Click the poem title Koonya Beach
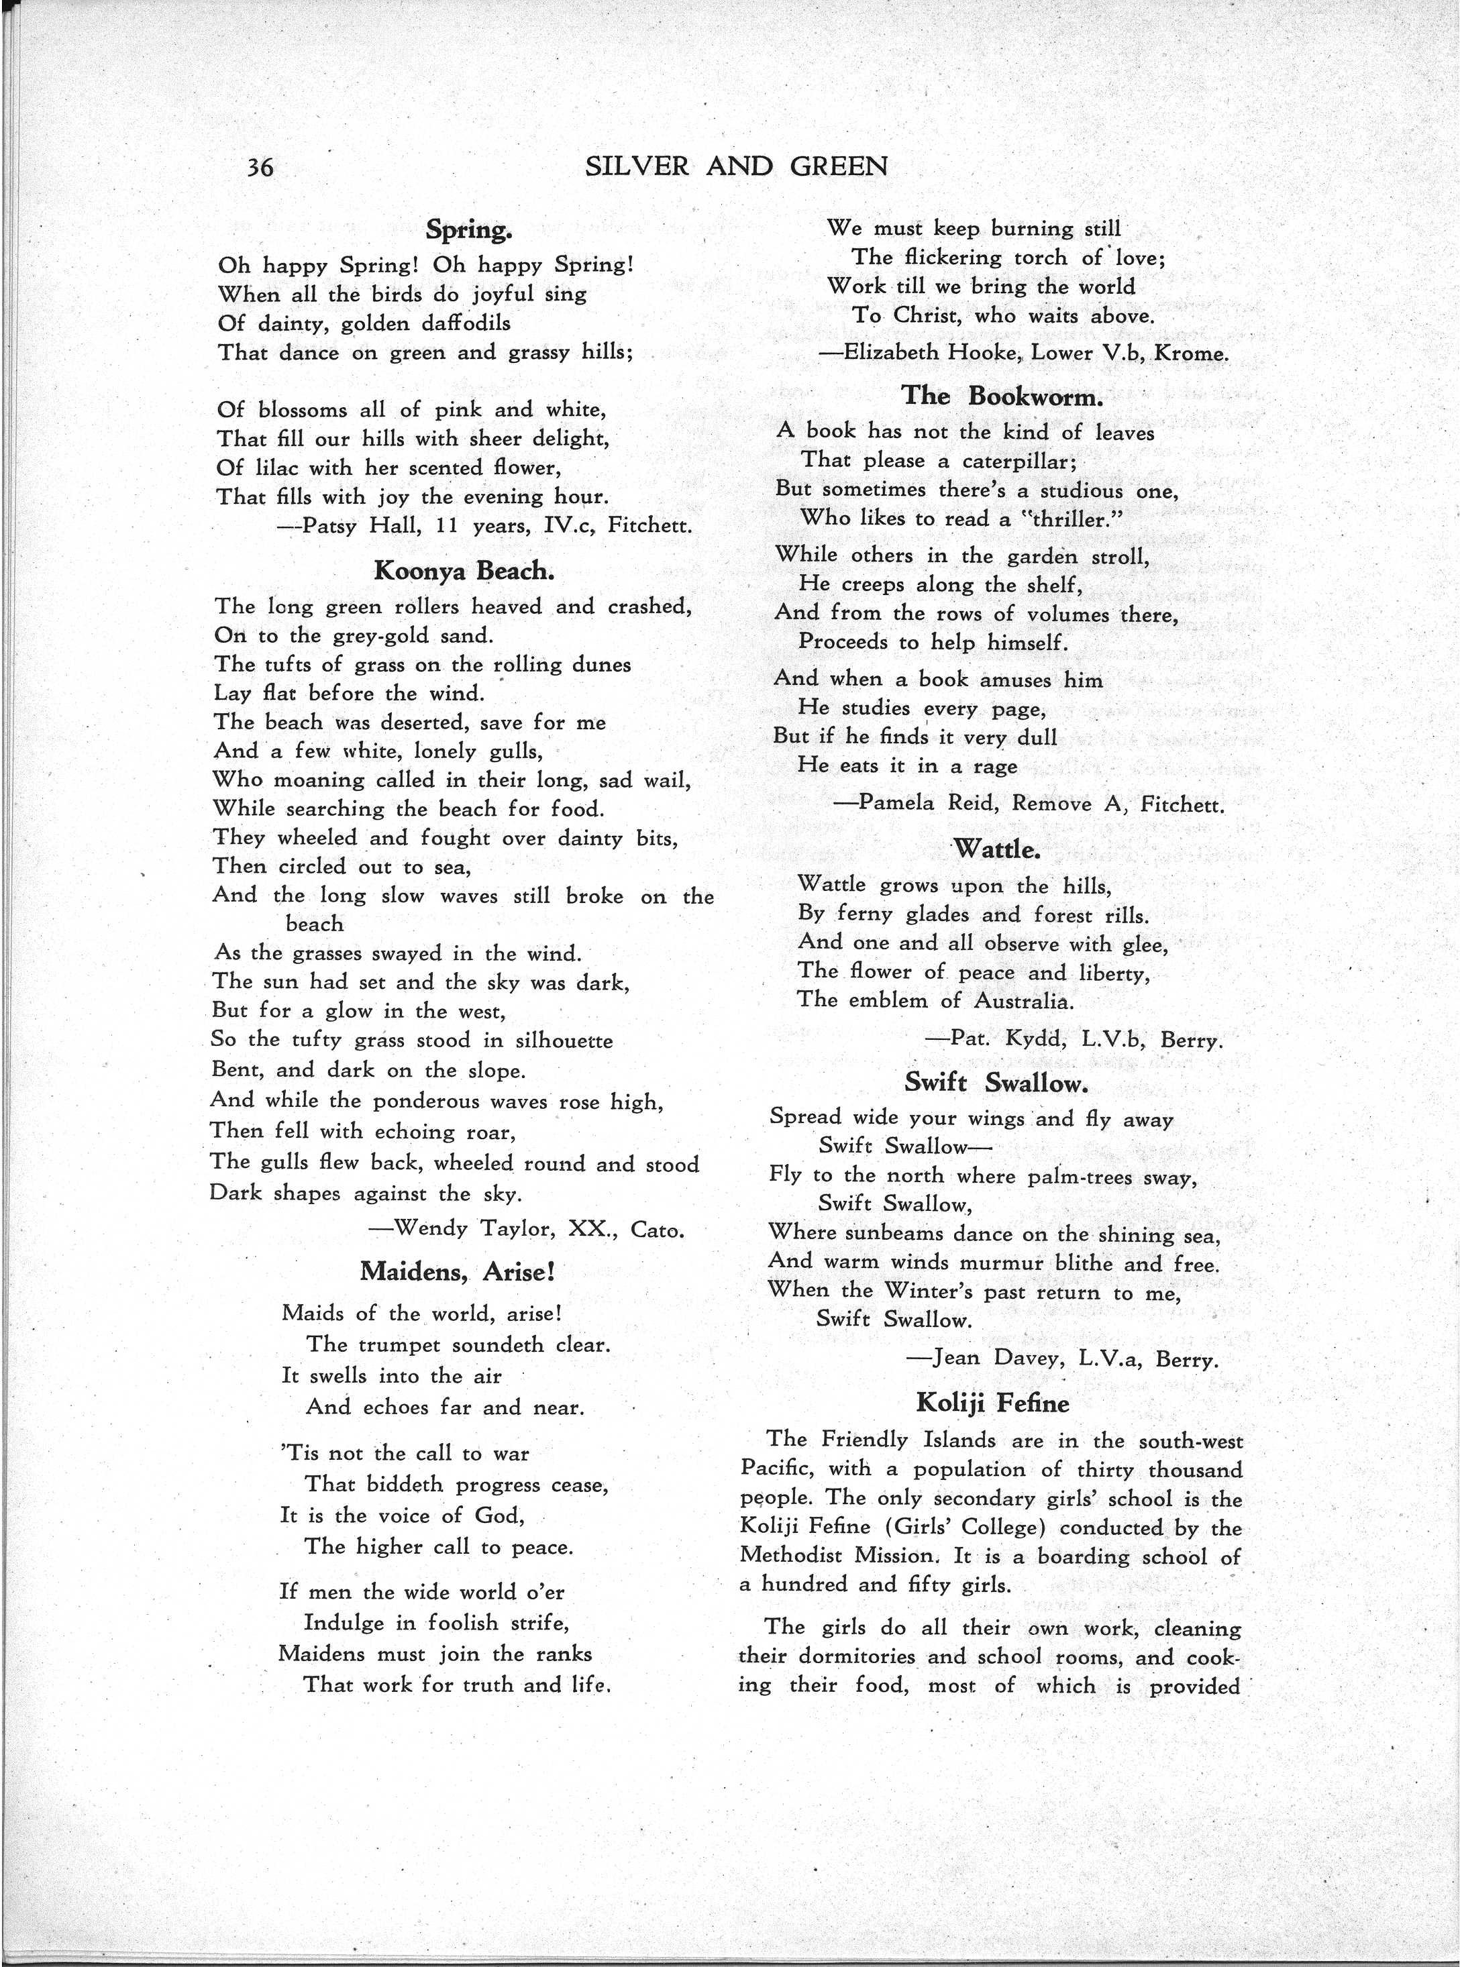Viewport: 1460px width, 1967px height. pyautogui.click(x=464, y=571)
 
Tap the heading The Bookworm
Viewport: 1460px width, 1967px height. pyautogui.click(x=1002, y=395)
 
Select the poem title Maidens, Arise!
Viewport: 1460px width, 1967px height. pyautogui.click(x=457, y=1271)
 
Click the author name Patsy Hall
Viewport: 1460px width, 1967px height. pyautogui.click(x=356, y=526)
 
